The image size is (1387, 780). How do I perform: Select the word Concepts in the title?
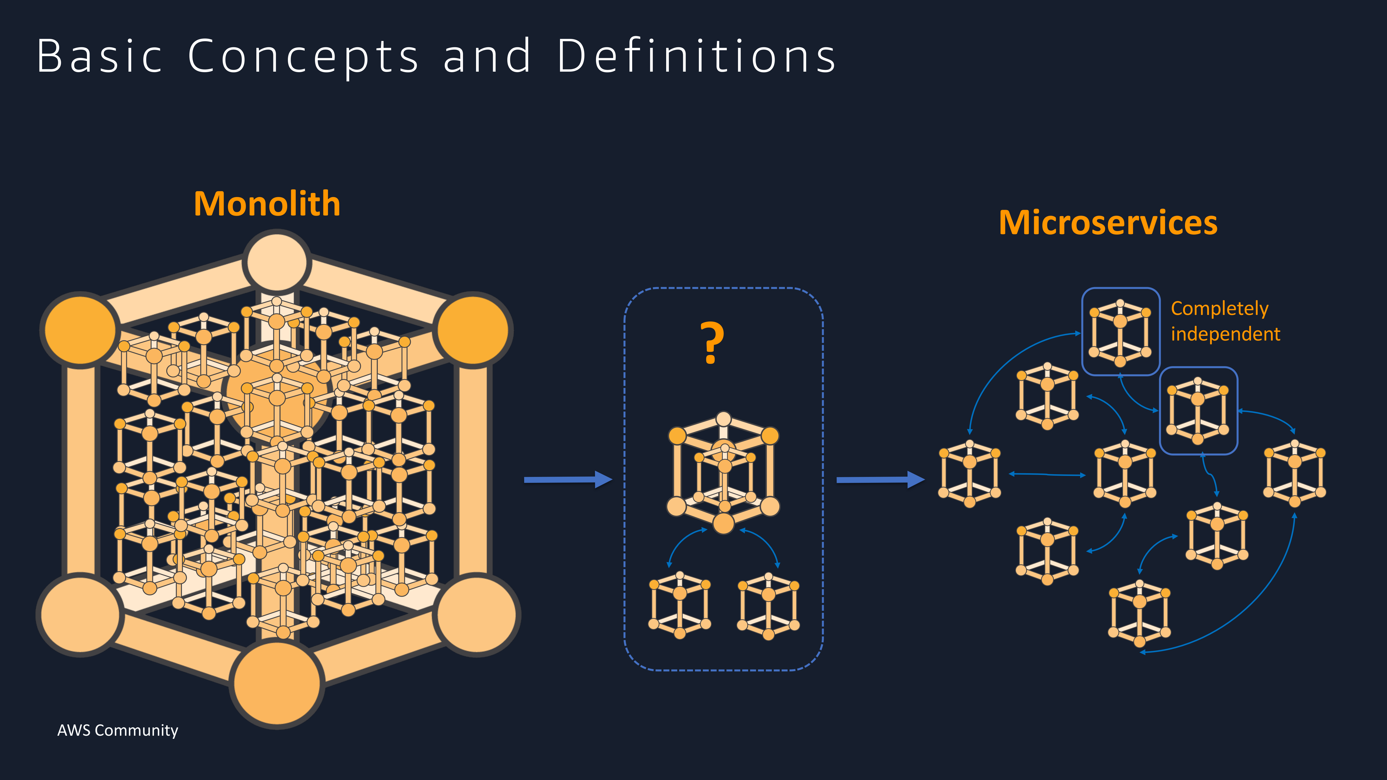coord(303,58)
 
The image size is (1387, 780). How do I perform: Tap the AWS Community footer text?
coord(117,731)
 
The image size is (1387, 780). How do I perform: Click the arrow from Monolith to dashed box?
coord(568,479)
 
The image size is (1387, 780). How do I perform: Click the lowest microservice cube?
coord(1139,613)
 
